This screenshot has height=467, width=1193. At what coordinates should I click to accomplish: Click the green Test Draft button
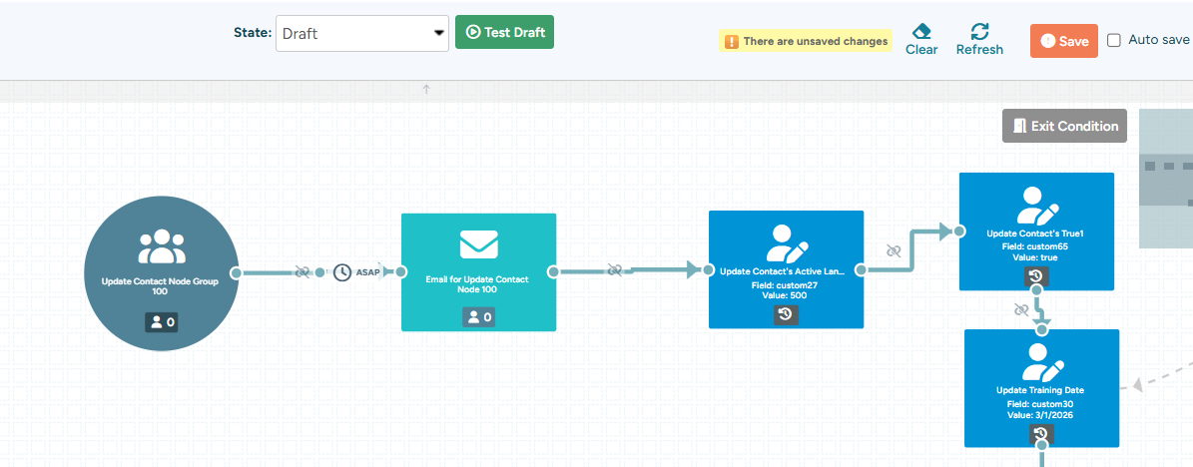click(x=504, y=32)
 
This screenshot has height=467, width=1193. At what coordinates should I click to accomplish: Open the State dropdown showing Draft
click(x=362, y=34)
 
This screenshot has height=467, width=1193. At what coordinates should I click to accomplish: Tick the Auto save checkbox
click(x=1114, y=40)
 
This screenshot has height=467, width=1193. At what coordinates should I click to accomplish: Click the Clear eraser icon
click(x=921, y=31)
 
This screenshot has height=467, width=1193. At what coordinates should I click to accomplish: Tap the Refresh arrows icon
click(x=980, y=31)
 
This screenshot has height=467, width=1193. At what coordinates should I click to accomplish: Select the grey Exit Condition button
click(x=1064, y=127)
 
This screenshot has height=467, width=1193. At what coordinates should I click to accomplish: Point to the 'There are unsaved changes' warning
click(x=806, y=41)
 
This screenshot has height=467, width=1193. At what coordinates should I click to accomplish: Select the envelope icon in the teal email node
click(x=478, y=244)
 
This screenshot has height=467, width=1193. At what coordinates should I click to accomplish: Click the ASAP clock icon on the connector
click(x=342, y=271)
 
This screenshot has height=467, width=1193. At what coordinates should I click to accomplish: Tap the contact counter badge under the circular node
click(x=162, y=322)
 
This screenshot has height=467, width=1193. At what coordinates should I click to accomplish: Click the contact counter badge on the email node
click(x=478, y=317)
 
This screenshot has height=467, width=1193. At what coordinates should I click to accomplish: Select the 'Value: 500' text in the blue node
click(x=786, y=295)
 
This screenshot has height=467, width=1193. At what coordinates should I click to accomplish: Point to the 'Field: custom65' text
click(x=1035, y=247)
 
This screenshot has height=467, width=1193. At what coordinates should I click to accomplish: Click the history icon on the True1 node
click(x=1035, y=276)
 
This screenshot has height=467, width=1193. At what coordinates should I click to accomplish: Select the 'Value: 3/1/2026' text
click(x=1040, y=416)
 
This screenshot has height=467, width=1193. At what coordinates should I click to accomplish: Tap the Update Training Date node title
click(x=1040, y=391)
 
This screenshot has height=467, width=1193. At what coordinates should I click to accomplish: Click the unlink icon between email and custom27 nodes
click(x=615, y=270)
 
